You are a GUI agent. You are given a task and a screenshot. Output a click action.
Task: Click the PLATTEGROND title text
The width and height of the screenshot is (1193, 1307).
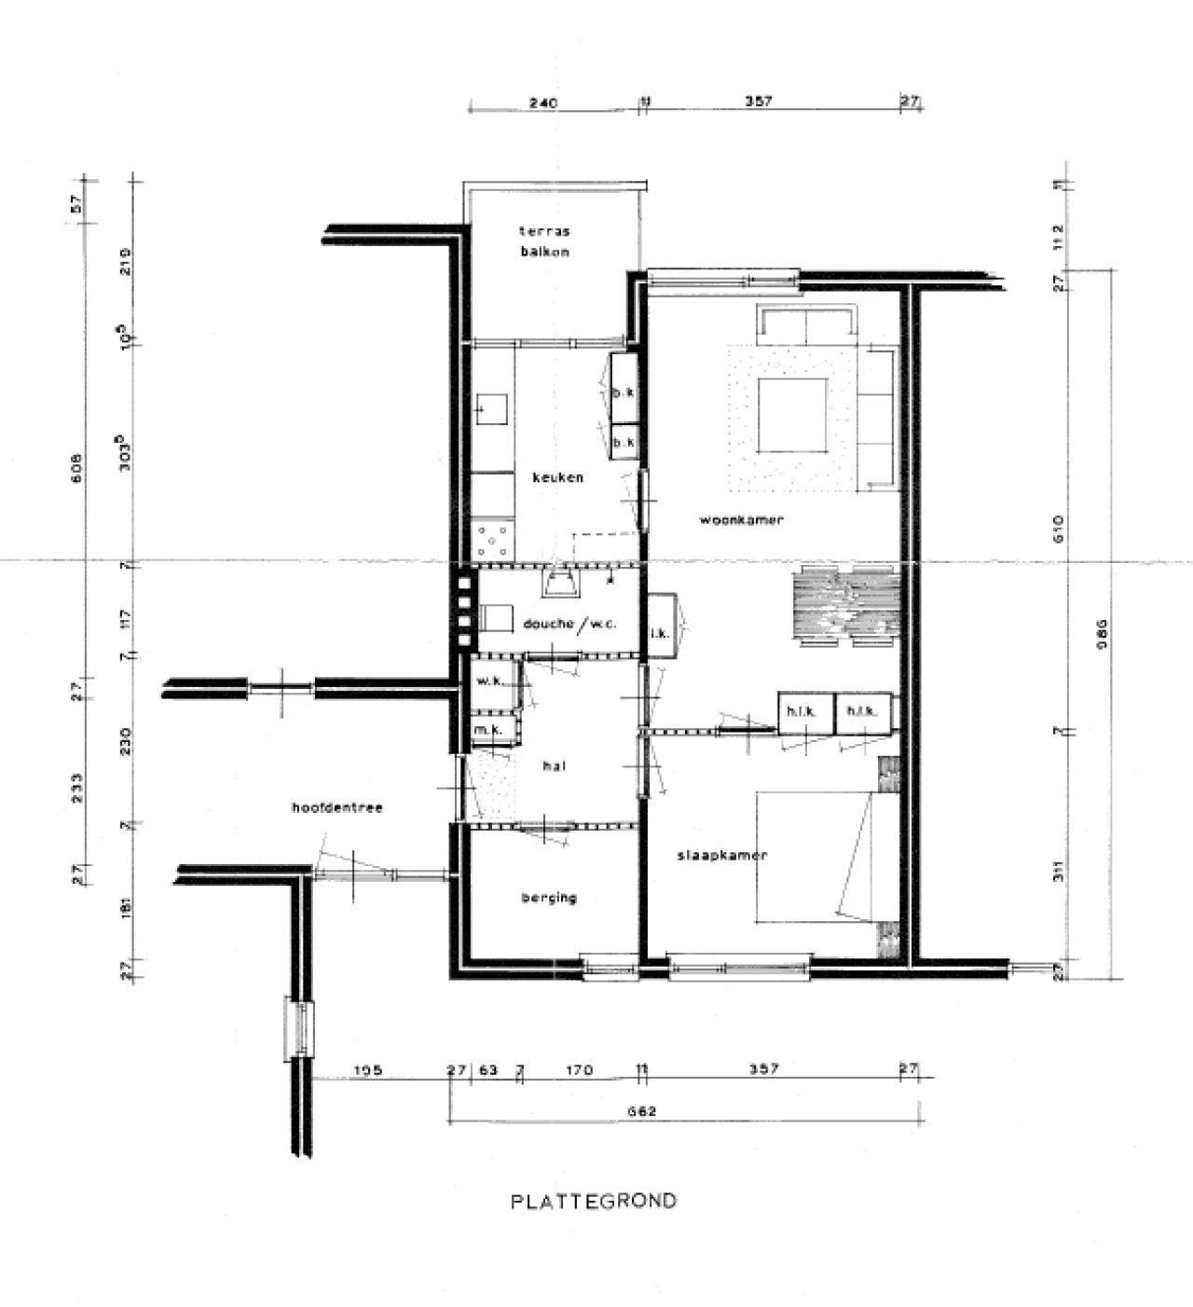(594, 1201)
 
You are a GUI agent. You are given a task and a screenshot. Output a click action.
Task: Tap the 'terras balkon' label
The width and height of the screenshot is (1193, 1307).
(545, 241)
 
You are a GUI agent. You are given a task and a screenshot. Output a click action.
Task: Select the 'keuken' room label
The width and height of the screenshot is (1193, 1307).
(557, 477)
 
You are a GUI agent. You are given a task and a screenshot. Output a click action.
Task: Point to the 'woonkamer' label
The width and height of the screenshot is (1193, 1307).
(742, 520)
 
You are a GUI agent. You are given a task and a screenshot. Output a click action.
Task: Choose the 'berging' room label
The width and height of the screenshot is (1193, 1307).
(549, 898)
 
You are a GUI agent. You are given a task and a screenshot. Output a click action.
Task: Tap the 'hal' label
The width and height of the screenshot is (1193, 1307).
(554, 766)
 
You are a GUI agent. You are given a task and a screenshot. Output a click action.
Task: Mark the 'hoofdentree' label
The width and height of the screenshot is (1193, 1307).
(336, 807)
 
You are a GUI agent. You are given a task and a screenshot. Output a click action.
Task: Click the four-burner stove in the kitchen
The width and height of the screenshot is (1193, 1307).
(491, 539)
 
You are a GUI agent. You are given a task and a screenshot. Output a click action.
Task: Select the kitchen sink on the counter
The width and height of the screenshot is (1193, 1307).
(491, 408)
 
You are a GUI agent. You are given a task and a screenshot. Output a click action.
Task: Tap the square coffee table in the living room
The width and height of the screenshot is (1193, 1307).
(792, 415)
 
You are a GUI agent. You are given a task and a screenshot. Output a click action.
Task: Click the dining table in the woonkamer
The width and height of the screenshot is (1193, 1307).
(845, 604)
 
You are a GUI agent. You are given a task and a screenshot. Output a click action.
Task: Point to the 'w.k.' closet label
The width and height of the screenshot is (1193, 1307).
(489, 681)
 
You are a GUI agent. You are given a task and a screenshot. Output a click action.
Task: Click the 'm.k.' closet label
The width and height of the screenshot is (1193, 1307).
(488, 730)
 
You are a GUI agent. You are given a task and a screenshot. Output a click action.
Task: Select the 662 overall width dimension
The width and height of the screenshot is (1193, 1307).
(643, 1111)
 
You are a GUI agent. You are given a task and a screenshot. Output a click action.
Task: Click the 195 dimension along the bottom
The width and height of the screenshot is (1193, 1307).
(369, 1070)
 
